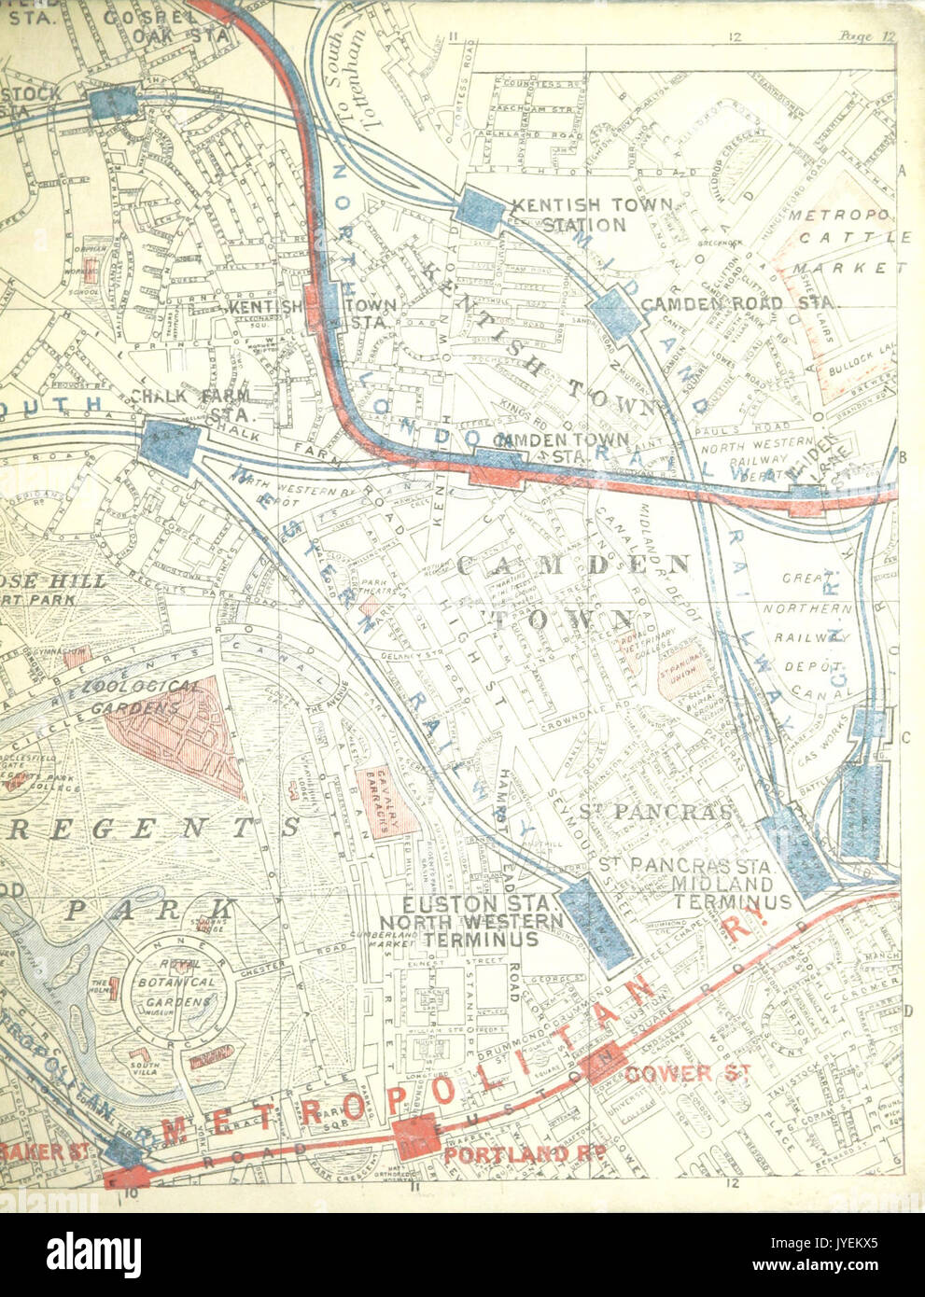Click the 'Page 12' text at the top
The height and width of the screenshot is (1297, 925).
click(867, 36)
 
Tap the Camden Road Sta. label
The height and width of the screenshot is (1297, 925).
click(740, 304)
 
